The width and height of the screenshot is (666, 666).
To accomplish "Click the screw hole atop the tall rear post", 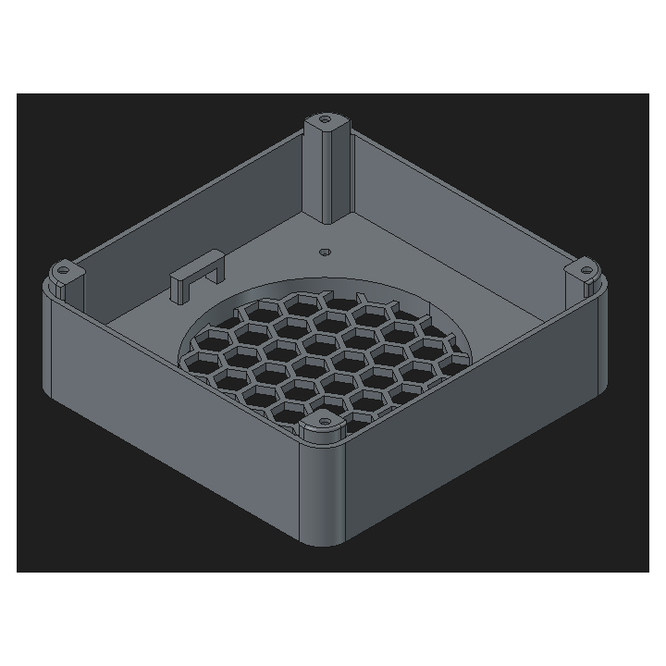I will click(x=324, y=120).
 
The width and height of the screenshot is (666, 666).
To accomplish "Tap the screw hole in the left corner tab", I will click(x=63, y=270).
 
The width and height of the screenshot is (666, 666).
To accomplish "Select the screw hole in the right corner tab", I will click(x=586, y=271).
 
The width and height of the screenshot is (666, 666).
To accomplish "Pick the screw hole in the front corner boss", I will click(x=324, y=422).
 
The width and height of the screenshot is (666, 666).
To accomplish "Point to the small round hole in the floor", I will click(x=324, y=251).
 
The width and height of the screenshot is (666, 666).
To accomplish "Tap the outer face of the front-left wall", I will click(x=176, y=416).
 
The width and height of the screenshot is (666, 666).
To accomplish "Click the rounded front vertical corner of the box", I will click(x=324, y=490).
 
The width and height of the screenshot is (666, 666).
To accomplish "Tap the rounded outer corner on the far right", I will click(x=605, y=342).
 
